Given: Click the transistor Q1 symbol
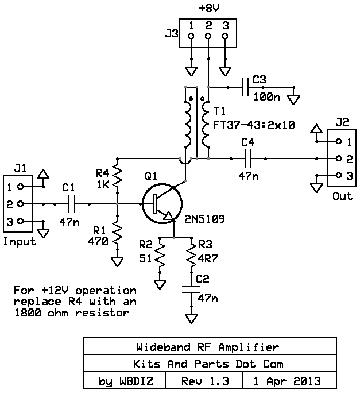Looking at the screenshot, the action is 162,203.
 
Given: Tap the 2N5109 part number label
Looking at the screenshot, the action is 204,219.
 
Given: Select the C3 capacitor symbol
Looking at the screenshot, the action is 245,87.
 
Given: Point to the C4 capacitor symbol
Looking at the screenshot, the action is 248,159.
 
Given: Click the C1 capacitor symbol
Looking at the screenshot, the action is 72,204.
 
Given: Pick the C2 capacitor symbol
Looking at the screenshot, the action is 191,289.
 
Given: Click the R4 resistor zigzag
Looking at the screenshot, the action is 117,175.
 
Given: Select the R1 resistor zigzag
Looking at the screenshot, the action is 117,233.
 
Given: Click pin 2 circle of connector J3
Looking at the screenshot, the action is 208,36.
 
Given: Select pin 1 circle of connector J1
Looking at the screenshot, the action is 21,187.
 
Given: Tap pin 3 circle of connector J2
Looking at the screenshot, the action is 339,175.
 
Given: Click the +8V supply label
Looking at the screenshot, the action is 208,8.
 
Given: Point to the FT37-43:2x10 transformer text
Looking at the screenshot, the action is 254,125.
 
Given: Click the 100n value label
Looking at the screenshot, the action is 267,96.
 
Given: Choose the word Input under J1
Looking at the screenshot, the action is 20,241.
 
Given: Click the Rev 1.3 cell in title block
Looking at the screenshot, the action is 205,381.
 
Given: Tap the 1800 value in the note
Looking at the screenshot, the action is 28,312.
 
